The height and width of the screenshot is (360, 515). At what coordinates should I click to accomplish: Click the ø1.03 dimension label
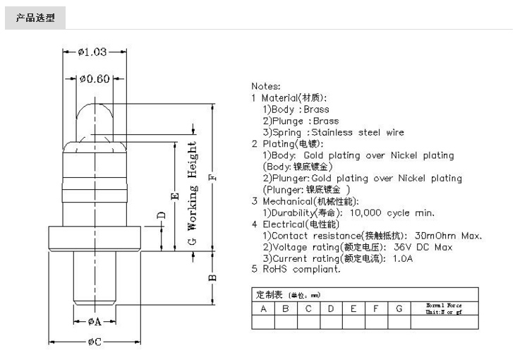click(92, 52)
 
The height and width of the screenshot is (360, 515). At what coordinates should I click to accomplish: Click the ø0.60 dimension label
click(94, 78)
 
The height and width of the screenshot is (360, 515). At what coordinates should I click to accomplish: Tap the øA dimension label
click(95, 321)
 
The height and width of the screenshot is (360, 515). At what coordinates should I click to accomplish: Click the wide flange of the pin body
click(95, 239)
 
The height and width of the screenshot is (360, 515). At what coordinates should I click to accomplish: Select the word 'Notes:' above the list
click(266, 86)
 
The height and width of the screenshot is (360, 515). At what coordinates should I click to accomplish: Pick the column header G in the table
click(399, 308)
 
